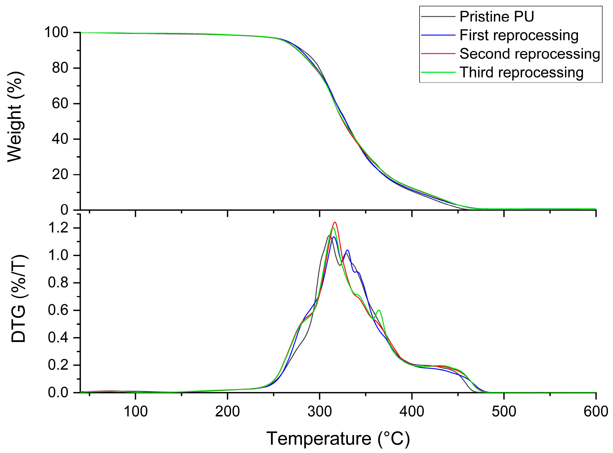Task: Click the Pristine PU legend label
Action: (x=497, y=17)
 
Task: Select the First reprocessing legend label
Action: (x=519, y=35)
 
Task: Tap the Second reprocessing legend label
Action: (x=530, y=54)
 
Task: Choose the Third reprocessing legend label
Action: (x=521, y=72)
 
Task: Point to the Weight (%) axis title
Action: (x=15, y=117)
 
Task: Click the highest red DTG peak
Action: (x=335, y=222)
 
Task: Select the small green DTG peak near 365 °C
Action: (x=379, y=310)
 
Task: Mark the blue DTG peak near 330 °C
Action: (x=348, y=250)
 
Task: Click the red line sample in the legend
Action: (x=438, y=54)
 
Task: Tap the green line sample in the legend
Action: (x=438, y=72)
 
